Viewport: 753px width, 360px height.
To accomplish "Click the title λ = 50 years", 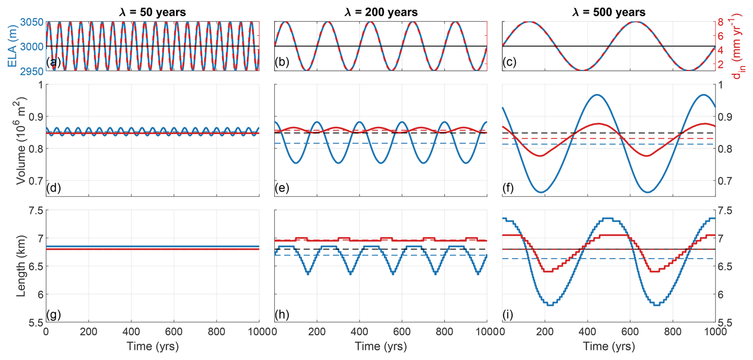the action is pyautogui.click(x=152, y=12).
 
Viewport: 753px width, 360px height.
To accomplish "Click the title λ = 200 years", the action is pyautogui.click(x=381, y=12).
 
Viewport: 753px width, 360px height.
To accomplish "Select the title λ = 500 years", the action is pyautogui.click(x=609, y=12).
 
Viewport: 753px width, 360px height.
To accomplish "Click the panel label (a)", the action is pyautogui.click(x=53, y=62).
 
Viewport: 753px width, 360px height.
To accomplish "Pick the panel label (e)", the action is pyautogui.click(x=282, y=188).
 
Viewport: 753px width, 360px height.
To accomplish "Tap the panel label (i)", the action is pyautogui.click(x=508, y=315).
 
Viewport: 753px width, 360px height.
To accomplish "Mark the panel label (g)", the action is pyautogui.click(x=53, y=315).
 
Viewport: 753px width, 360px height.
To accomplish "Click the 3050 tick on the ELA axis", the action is pyautogui.click(x=32, y=22).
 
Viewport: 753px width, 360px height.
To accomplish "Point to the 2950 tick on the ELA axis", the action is pyautogui.click(x=32, y=71).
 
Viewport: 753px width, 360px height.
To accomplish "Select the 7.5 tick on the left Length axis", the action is pyautogui.click(x=36, y=210).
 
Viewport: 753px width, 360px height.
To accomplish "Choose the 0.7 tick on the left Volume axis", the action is pyautogui.click(x=36, y=181).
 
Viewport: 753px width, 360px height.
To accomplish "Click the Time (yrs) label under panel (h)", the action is pyautogui.click(x=381, y=346).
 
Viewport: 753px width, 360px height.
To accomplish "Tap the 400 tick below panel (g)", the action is pyautogui.click(x=131, y=332).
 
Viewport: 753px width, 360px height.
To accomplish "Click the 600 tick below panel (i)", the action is pyautogui.click(x=630, y=332).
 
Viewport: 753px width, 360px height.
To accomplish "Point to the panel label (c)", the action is pyautogui.click(x=509, y=62).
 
